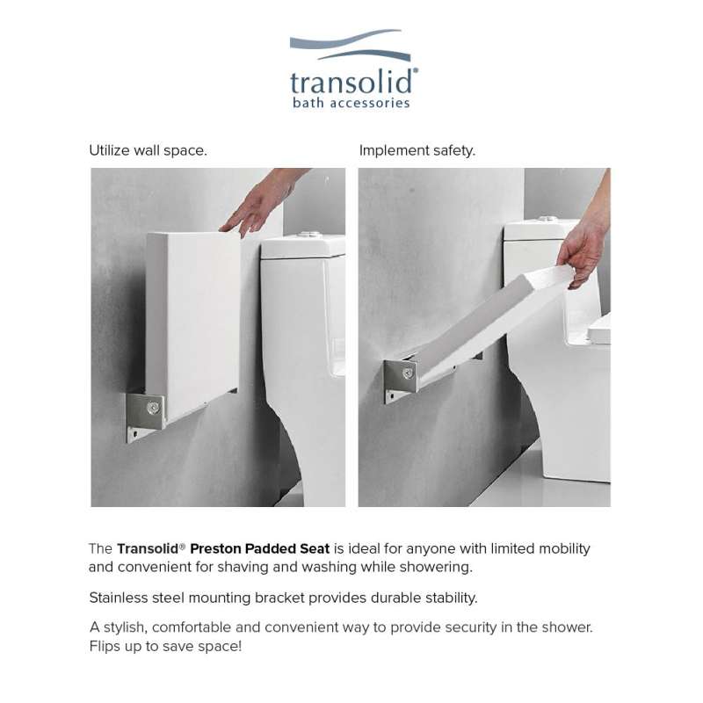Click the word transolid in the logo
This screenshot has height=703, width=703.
pos(353,82)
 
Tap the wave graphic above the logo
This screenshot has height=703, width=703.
pos(350,45)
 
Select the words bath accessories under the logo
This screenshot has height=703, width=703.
pos(351,103)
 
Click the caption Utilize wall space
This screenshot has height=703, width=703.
pos(148,150)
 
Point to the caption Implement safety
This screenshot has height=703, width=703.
pos(417,150)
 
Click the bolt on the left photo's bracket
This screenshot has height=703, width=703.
pos(153,408)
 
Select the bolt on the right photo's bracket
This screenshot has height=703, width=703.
pos(408,373)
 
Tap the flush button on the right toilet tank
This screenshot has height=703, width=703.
pos(547,219)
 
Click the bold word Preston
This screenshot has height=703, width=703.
pos(214,548)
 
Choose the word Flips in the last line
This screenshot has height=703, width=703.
pos(105,647)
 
